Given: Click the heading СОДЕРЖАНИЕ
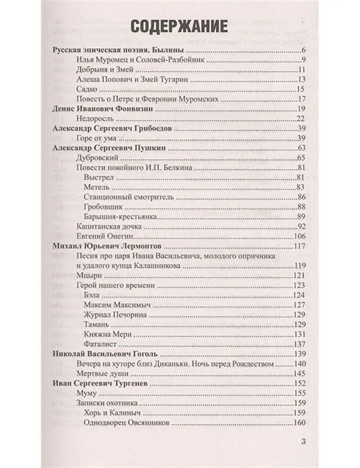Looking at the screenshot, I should click(x=179, y=27).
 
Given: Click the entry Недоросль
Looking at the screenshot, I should click(x=95, y=118).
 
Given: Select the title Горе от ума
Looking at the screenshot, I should click(x=100, y=138).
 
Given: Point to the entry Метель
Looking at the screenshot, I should click(x=96, y=187).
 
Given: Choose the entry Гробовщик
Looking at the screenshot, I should click(x=103, y=207).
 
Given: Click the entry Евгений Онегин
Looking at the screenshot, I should click(x=105, y=236).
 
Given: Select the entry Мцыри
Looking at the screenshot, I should click(x=89, y=275).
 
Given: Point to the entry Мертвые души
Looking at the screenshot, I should click(x=103, y=373).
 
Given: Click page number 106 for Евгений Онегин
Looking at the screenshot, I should click(x=300, y=236).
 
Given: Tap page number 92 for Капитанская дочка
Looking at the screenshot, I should click(x=301, y=226).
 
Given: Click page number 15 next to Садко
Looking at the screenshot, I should click(x=301, y=89).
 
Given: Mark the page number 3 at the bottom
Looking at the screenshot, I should click(x=303, y=441).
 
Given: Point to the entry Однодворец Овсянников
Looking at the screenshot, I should click(x=126, y=423).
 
